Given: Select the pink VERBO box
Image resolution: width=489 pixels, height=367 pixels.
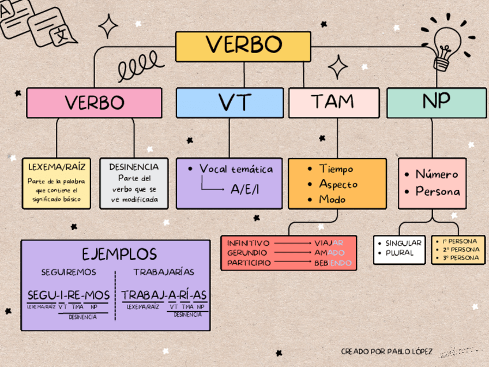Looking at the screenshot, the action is pyautogui.click(x=94, y=103).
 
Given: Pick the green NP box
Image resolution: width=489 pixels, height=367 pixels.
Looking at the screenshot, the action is pyautogui.click(x=436, y=102).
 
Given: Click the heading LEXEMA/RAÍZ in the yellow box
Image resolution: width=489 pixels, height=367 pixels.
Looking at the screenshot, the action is pyautogui.click(x=57, y=167).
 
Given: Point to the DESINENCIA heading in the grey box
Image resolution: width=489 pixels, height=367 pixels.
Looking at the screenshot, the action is pyautogui.click(x=134, y=167).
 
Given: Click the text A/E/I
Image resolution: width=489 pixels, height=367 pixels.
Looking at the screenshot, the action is pyautogui.click(x=245, y=189).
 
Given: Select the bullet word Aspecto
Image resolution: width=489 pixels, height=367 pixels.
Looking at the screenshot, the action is pyautogui.click(x=338, y=184).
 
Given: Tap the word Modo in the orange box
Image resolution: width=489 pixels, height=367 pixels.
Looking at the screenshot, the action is pyautogui.click(x=333, y=200).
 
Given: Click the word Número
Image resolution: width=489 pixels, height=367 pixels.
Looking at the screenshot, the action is pyautogui.click(x=437, y=174).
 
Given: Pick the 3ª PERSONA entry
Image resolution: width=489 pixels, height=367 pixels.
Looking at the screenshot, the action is pyautogui.click(x=460, y=257).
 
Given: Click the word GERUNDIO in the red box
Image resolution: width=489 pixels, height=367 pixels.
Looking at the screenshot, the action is pyautogui.click(x=247, y=253).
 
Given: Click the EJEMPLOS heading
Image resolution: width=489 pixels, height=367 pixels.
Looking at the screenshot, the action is pyautogui.click(x=119, y=254).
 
